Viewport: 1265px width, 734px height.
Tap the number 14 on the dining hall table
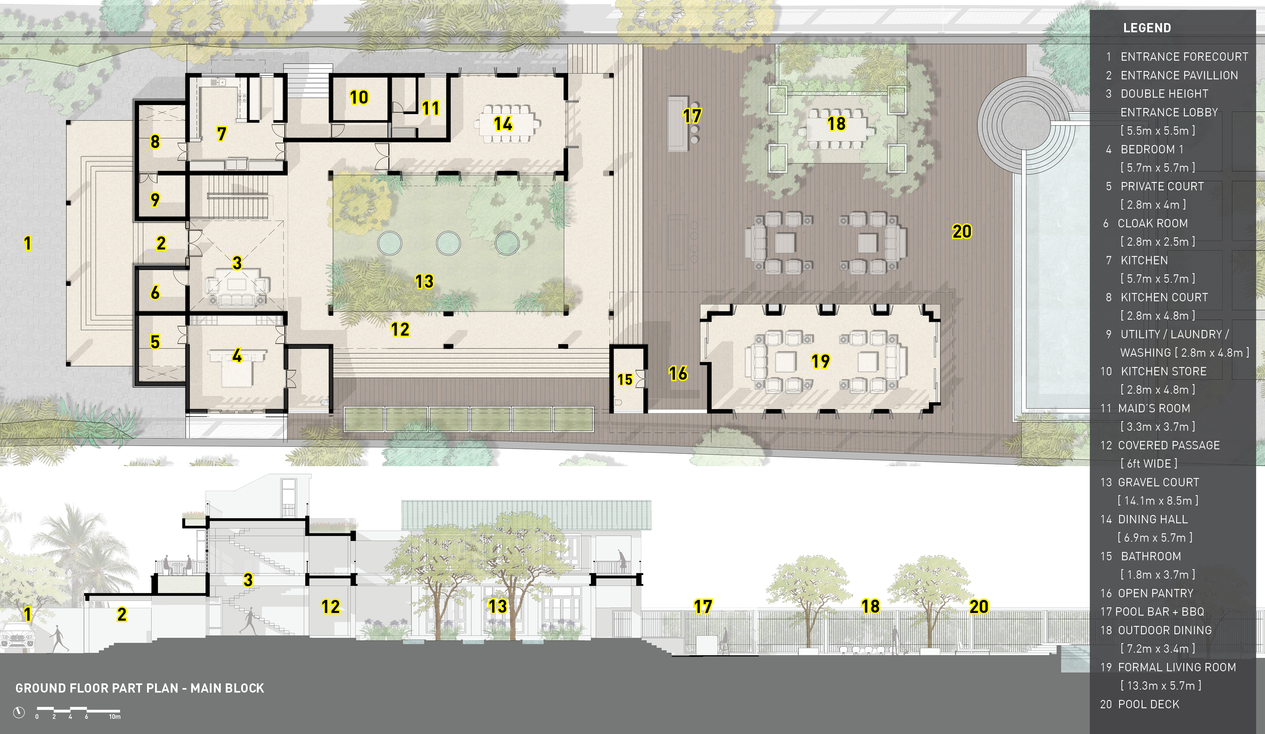(x=503, y=123)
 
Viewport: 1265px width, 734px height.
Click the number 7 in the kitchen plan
(x=221, y=134)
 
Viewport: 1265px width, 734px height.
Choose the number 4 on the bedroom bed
(x=237, y=356)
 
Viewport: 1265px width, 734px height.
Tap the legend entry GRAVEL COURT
(x=1158, y=482)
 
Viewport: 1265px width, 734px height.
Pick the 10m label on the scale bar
(x=115, y=717)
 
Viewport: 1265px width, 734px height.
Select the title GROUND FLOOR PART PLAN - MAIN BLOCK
(x=140, y=688)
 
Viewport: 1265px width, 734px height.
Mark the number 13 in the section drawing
(x=497, y=606)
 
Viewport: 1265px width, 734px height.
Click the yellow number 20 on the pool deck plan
(x=962, y=231)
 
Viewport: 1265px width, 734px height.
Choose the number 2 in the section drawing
(x=122, y=614)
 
